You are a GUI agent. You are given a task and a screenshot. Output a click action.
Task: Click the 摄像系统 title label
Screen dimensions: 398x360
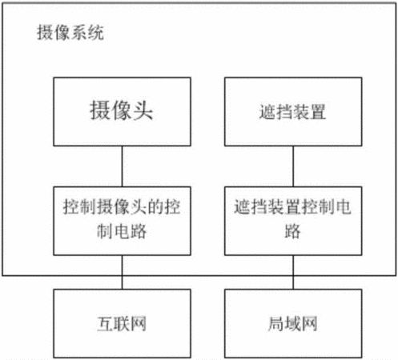70,33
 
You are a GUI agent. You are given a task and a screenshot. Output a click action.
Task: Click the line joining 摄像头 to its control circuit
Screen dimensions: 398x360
123,166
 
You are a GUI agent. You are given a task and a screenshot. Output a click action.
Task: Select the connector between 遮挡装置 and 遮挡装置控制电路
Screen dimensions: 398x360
293,166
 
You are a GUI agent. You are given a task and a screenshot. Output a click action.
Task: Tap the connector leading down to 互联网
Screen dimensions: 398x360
123,272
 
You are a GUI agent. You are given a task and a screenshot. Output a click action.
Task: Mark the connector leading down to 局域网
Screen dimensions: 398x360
293,272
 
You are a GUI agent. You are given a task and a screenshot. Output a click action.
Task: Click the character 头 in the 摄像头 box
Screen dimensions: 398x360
143,110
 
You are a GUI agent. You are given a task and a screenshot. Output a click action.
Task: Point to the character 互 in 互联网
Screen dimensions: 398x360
105,324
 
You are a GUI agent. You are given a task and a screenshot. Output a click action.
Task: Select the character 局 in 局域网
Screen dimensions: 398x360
276,324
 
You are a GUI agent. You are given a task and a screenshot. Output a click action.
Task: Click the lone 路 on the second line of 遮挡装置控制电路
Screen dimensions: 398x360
293,231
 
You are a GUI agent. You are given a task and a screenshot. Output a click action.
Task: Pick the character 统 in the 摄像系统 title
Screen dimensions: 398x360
95,33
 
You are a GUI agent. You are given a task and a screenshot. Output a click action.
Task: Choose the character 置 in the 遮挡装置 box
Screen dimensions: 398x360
318,112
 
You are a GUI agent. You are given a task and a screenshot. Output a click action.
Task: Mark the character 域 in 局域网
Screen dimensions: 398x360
293,324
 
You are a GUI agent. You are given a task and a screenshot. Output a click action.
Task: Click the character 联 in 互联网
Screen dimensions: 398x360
122,324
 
